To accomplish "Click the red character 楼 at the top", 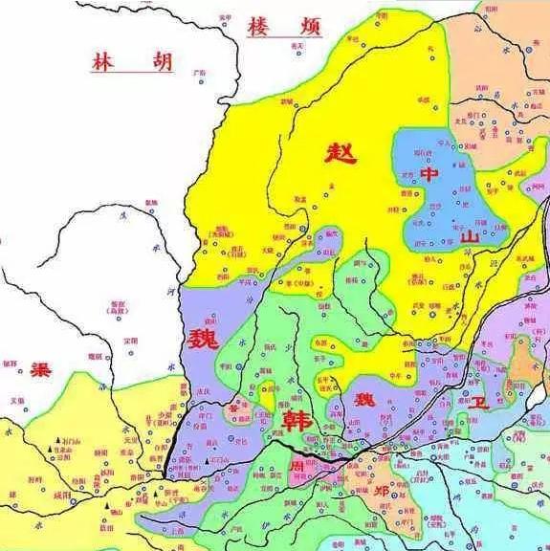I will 259,27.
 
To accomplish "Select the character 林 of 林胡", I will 104,62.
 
